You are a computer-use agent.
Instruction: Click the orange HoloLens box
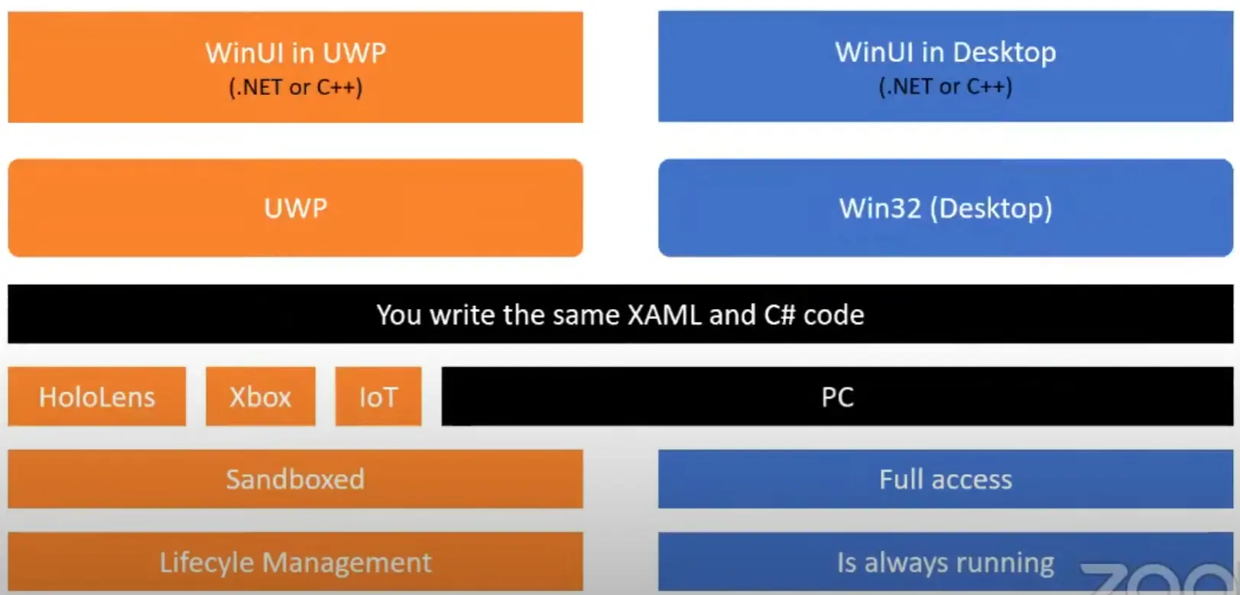tap(97, 396)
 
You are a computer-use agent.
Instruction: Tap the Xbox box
tap(261, 396)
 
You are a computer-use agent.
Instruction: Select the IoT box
tap(378, 396)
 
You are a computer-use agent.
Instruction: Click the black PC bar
tap(837, 396)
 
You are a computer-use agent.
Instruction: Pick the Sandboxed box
tap(295, 479)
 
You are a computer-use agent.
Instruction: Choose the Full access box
tap(946, 479)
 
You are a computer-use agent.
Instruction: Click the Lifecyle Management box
tap(295, 562)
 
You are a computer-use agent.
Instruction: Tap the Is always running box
tap(946, 562)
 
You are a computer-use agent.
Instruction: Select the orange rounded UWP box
tap(295, 208)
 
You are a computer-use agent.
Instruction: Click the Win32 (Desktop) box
tap(946, 208)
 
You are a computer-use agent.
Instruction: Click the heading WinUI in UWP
tap(296, 53)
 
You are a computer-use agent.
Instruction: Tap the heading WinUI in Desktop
tap(946, 53)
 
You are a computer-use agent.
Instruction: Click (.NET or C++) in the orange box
tap(296, 87)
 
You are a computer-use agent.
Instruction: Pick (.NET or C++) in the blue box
tap(946, 86)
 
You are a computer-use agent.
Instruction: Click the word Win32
tap(880, 208)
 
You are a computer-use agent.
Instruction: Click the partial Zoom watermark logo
tap(1160, 580)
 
